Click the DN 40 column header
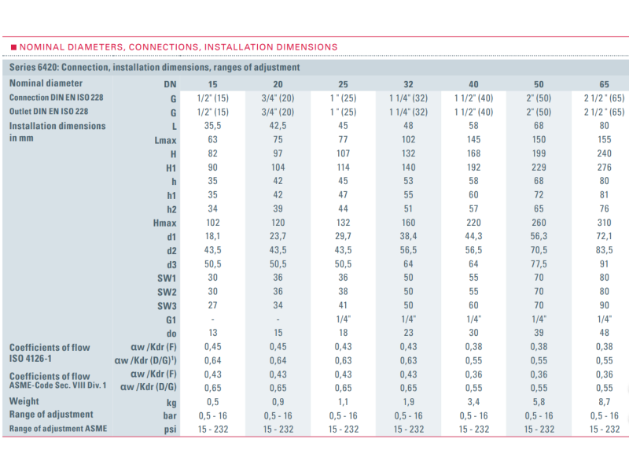pos(473,83)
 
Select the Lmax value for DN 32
pos(408,140)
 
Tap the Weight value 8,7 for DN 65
pos(604,400)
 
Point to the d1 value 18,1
pos(213,237)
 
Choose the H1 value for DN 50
pos(539,168)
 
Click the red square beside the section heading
pos(14,47)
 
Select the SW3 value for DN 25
pos(343,305)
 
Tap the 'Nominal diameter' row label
pos(46,83)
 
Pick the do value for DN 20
pos(278,334)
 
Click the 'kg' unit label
pos(170,400)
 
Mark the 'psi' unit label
pos(169,429)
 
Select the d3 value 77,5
pos(539,264)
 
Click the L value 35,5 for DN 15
pos(213,126)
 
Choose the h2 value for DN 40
pos(473,209)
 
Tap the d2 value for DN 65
pos(604,250)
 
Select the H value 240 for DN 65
pos(604,154)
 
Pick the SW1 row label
pos(166,278)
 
